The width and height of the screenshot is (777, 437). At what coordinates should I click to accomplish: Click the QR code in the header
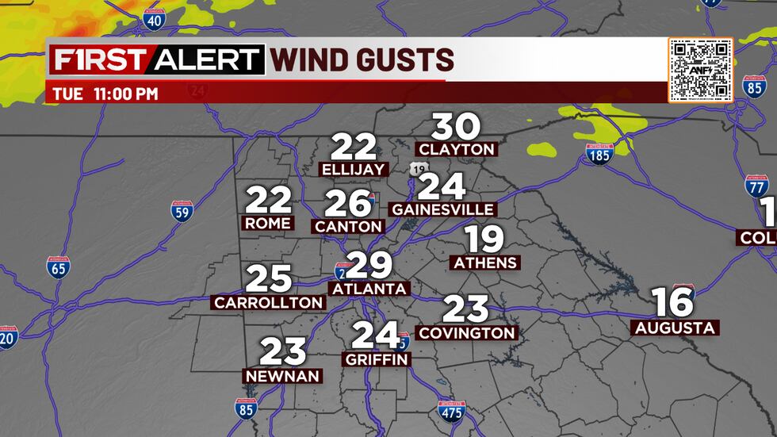tap(699, 70)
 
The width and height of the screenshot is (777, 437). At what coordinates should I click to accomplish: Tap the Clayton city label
tap(457, 149)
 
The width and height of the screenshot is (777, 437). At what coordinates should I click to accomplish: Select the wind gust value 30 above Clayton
tap(457, 127)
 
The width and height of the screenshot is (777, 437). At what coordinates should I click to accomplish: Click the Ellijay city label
tap(354, 169)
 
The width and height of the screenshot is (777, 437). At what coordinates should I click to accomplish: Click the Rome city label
tap(268, 224)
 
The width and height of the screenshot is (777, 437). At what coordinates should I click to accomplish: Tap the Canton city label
tap(349, 226)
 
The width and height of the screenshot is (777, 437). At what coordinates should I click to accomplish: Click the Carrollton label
tap(269, 302)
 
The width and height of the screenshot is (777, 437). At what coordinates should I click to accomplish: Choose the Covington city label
tap(467, 333)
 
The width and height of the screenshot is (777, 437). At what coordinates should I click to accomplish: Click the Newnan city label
tap(283, 376)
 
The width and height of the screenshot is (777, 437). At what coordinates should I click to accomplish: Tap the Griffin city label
tap(377, 359)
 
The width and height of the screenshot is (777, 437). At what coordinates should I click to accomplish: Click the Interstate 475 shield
tap(450, 411)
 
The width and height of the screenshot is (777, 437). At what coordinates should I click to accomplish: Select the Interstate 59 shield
tap(182, 212)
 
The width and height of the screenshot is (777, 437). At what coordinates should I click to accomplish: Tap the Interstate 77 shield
tap(756, 186)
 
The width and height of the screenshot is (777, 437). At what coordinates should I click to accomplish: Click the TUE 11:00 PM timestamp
tap(105, 94)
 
